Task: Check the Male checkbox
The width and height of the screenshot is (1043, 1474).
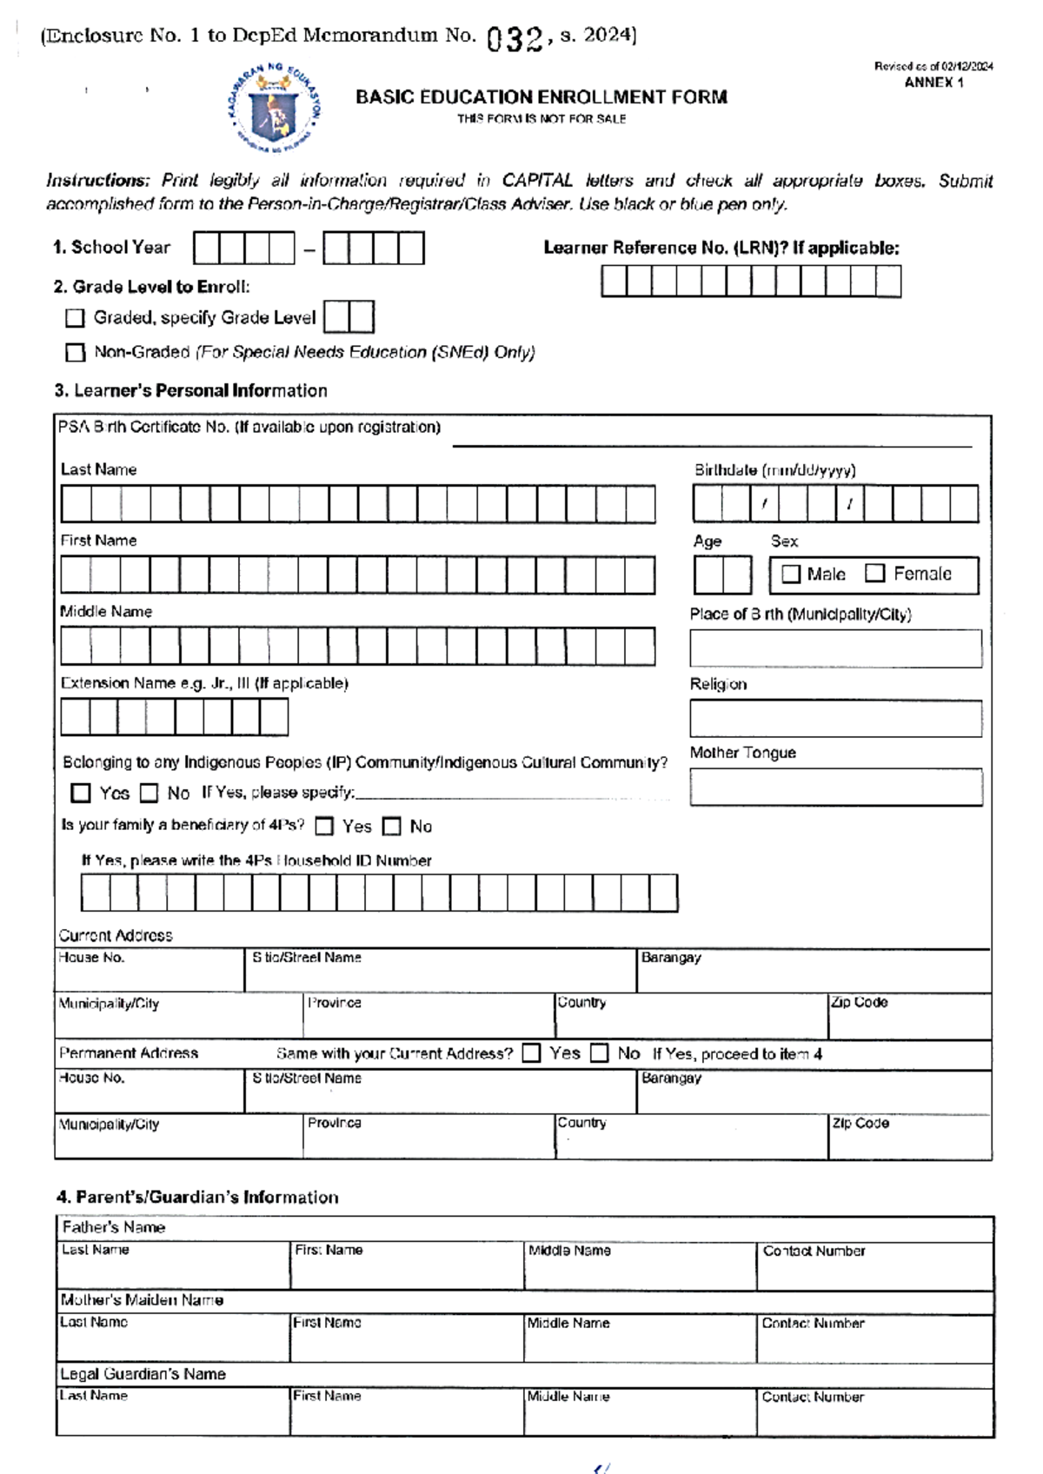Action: point(791,574)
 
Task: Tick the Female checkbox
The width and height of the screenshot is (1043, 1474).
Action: point(875,573)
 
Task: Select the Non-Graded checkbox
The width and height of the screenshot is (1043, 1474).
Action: point(76,352)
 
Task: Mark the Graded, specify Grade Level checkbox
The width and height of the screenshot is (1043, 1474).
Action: point(76,318)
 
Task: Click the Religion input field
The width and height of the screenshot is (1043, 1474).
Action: point(835,719)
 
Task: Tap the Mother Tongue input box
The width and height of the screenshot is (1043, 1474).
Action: point(835,787)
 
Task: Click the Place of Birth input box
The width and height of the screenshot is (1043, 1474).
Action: point(835,648)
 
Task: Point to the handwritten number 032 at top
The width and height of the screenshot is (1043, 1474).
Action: point(515,39)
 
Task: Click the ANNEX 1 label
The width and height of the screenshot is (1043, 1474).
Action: point(933,83)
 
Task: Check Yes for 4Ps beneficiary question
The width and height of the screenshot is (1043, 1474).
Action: point(324,826)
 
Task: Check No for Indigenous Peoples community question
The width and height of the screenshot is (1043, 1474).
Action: point(149,793)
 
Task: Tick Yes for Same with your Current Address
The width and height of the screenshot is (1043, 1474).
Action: point(531,1053)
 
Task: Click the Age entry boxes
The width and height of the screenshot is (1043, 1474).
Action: point(722,575)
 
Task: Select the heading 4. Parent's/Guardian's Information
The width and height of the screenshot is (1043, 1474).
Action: point(197,1197)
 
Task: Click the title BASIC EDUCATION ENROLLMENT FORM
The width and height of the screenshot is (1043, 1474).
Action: point(541,97)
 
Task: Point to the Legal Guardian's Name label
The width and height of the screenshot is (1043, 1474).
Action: point(143,1374)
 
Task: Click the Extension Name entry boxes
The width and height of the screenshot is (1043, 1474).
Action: point(174,718)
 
